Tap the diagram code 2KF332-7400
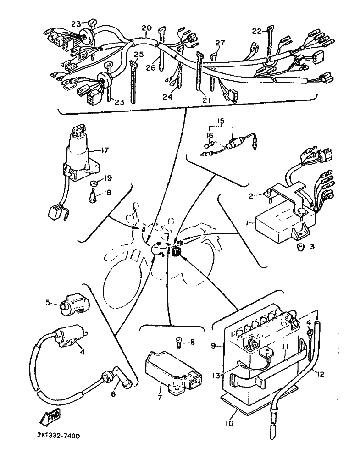pyautogui.click(x=59, y=436)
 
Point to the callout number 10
pyautogui.click(x=229, y=423)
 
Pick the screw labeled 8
pyautogui.click(x=179, y=343)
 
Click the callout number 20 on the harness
pyautogui.click(x=147, y=28)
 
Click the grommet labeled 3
pyautogui.click(x=299, y=247)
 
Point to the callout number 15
pyautogui.click(x=221, y=121)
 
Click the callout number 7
pyautogui.click(x=160, y=397)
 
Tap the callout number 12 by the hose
pyautogui.click(x=320, y=374)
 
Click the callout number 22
pyautogui.click(x=257, y=31)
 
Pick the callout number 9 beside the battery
pyautogui.click(x=213, y=345)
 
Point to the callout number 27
pyautogui.click(x=220, y=43)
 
